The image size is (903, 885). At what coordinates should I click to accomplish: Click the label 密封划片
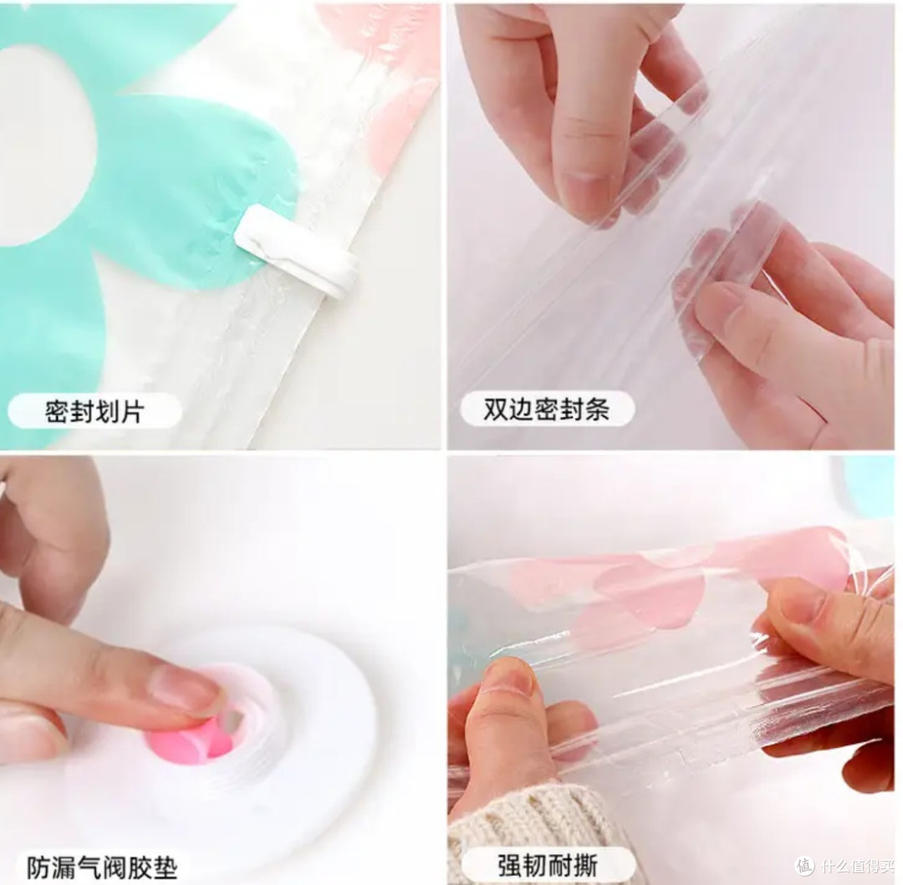[x=94, y=411]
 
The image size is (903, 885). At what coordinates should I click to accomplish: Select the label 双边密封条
[x=546, y=409]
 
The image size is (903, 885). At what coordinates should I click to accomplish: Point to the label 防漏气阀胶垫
[x=102, y=867]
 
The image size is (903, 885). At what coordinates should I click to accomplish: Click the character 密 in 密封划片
[x=58, y=411]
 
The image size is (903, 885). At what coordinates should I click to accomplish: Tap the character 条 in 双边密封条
[x=597, y=409]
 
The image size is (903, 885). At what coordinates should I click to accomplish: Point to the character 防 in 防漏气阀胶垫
[x=39, y=867]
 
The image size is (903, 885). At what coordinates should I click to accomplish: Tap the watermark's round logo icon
[x=805, y=866]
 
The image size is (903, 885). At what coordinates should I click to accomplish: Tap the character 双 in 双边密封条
[x=495, y=409]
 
